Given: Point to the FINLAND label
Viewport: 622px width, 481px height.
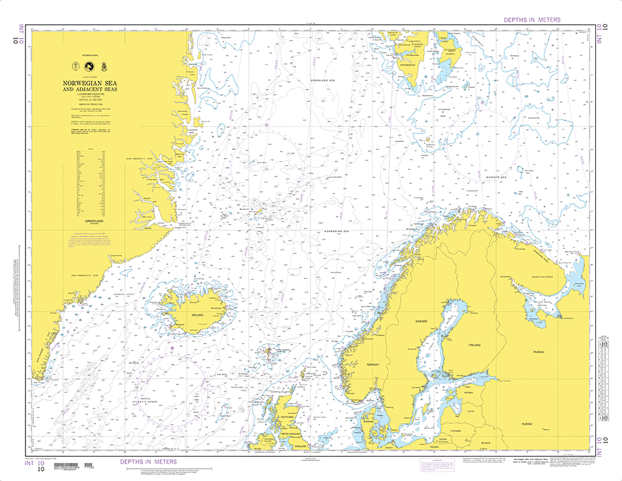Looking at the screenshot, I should (x=475, y=344).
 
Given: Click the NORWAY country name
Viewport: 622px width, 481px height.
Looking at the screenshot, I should (x=373, y=365).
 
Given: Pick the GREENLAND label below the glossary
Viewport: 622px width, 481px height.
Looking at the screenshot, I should (x=91, y=220).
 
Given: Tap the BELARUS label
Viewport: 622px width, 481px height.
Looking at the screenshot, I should (x=485, y=443).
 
